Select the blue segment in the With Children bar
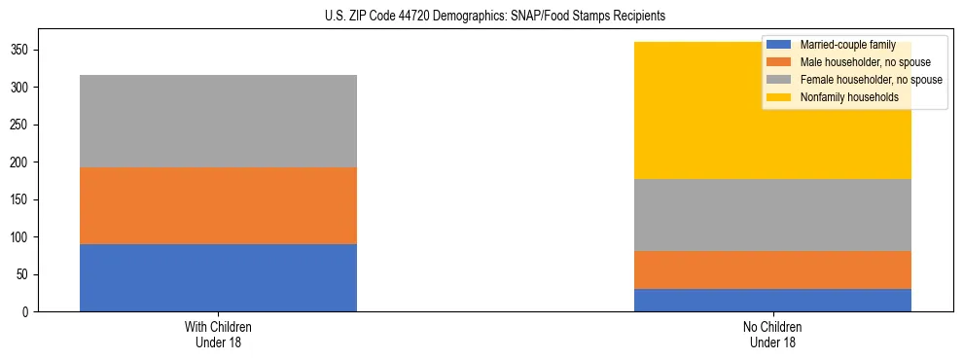(218, 277)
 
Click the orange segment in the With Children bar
(218, 205)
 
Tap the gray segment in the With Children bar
(218, 121)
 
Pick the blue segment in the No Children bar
(772, 300)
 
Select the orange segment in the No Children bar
(772, 270)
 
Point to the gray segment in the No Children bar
(772, 215)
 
